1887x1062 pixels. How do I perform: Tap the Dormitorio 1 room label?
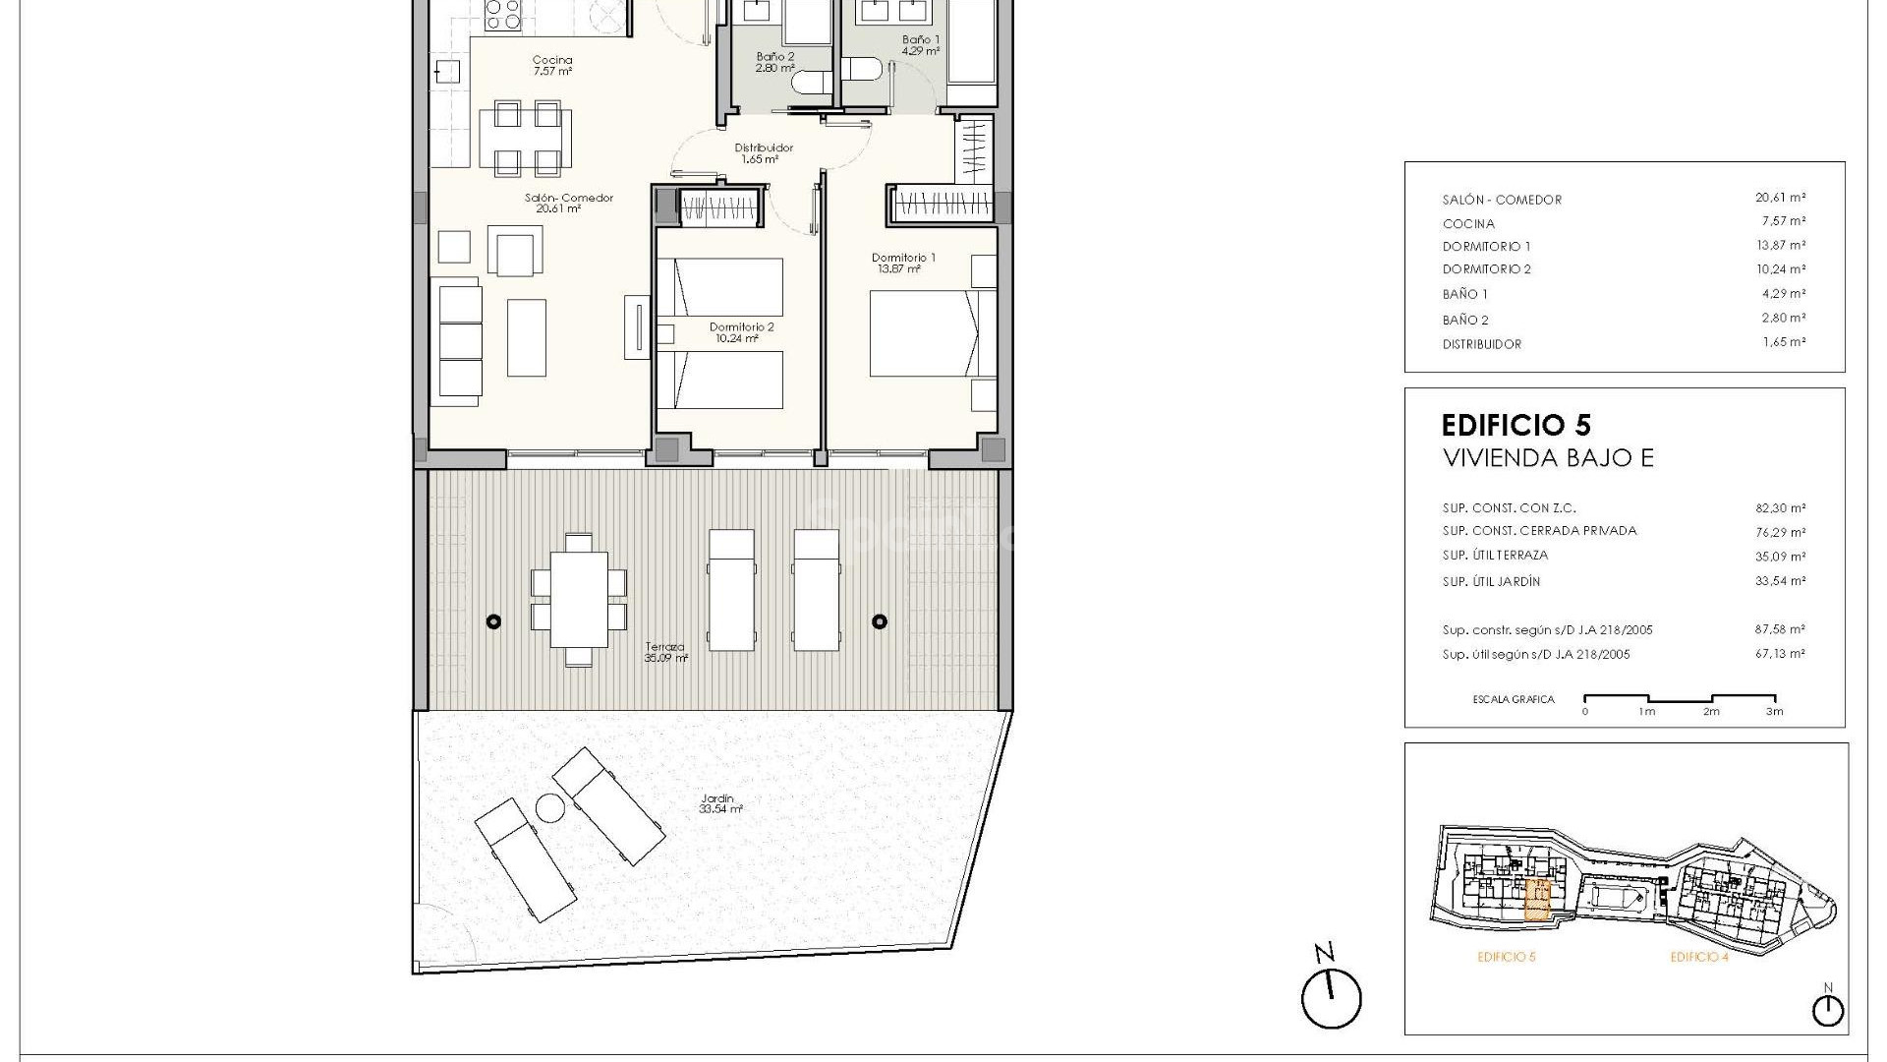pos(903,263)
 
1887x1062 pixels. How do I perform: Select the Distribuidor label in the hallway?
pos(764,152)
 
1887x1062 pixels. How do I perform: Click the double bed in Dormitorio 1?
pos(924,333)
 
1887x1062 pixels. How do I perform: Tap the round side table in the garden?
pos(549,808)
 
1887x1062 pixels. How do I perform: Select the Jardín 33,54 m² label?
pos(719,803)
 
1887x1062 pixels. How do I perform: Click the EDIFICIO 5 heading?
pos(1515,425)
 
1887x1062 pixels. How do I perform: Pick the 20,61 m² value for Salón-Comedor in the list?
pos(1780,198)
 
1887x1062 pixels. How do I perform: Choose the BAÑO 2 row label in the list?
pos(1465,320)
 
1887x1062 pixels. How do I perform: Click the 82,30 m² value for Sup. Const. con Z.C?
pos(1780,508)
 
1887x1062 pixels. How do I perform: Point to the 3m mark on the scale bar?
pos(1774,711)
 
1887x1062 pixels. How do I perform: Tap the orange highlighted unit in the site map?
pos(1537,899)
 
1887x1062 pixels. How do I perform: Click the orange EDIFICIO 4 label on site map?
pos(1699,957)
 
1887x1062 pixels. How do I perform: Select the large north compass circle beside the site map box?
pos(1332,1000)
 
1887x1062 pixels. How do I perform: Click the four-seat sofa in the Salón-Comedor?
pos(459,341)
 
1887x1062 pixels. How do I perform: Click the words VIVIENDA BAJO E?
pos(1547,458)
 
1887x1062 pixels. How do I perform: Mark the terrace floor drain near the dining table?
pos(493,621)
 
